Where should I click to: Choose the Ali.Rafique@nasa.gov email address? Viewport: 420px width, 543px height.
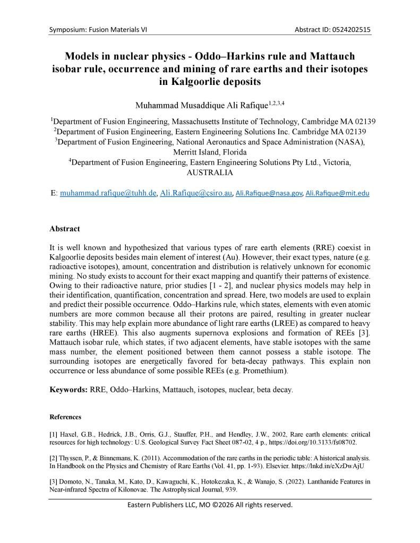point(269,194)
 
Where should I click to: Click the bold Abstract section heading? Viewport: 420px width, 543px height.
point(65,229)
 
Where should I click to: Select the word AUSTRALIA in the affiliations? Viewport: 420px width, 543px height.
point(210,173)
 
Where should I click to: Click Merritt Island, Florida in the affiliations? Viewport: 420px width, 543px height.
point(210,152)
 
